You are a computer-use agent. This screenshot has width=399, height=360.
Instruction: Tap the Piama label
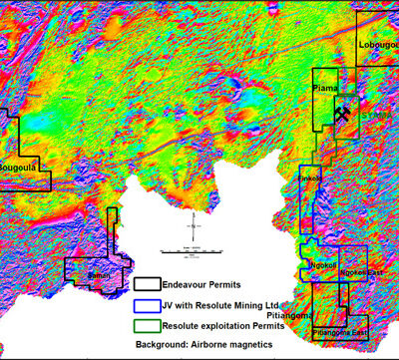pyautogui.click(x=325, y=89)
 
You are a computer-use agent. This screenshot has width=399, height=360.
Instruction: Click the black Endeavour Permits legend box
pyautogui.click(x=149, y=284)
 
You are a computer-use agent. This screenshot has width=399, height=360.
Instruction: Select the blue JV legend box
pyautogui.click(x=149, y=304)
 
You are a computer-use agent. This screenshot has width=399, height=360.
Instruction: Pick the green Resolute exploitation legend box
pyautogui.click(x=149, y=323)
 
